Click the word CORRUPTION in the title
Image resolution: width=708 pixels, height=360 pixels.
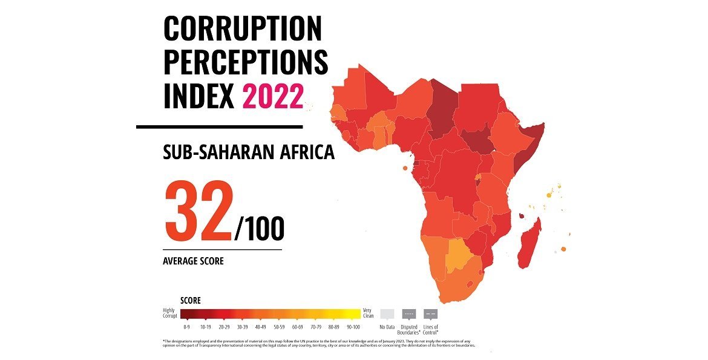(x=243, y=30)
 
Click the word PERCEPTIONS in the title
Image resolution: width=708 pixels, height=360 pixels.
(x=246, y=63)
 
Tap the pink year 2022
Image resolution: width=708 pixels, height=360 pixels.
(x=273, y=97)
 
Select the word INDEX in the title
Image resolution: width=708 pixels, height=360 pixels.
(x=199, y=97)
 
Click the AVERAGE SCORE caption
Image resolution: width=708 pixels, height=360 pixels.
(x=193, y=261)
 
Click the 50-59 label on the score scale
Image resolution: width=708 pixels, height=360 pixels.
(x=279, y=327)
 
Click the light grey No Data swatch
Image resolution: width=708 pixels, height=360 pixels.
(x=387, y=314)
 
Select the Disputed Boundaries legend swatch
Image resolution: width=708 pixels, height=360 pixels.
(x=409, y=314)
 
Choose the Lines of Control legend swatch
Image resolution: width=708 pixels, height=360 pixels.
(x=430, y=314)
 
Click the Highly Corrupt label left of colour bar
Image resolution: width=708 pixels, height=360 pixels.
(x=171, y=313)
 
